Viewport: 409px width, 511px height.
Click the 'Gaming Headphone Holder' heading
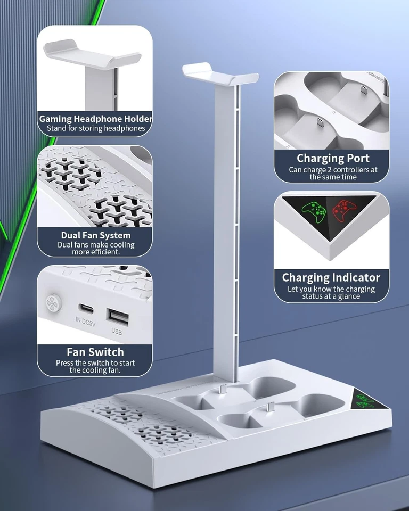coord(95,119)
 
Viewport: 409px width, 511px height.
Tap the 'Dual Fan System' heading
coord(95,235)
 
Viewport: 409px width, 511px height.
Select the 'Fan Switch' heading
coord(95,352)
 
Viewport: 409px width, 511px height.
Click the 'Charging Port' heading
coord(333,158)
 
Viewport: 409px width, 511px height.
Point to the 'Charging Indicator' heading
coord(331,277)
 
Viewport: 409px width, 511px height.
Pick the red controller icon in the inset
coord(345,210)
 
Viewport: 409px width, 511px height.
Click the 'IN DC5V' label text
coord(85,320)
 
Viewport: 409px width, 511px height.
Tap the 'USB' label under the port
coord(117,331)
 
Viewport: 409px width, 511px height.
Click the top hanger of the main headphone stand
coord(220,73)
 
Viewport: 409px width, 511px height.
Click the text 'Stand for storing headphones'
coord(95,128)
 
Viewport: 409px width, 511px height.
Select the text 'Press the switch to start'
coord(95,363)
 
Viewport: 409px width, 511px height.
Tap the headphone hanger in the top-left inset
coord(92,55)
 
